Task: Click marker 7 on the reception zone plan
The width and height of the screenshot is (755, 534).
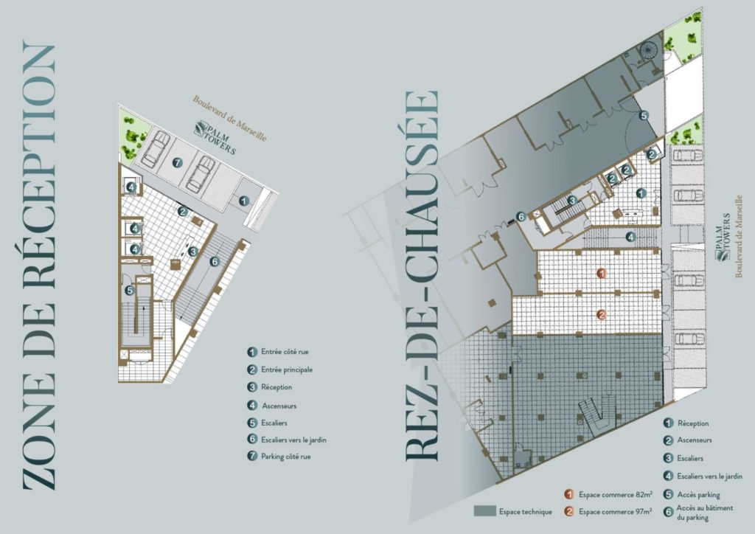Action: coord(178,163)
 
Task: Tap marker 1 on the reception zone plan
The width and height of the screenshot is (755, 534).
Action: coord(244,201)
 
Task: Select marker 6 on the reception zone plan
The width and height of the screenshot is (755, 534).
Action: coord(215,261)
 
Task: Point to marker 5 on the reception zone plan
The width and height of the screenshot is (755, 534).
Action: coord(130,291)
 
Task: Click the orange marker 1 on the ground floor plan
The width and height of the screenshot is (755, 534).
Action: coord(601,274)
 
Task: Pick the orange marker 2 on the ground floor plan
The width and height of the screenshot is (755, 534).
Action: coord(601,316)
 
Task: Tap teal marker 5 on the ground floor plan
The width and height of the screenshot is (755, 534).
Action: coord(643,115)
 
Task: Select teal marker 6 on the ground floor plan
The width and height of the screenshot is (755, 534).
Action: coord(521,217)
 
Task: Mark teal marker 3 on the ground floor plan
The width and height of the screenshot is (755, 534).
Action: coord(572,201)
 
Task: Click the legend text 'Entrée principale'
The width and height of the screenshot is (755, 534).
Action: coord(287,370)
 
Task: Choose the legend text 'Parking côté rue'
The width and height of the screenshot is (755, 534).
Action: coord(285,457)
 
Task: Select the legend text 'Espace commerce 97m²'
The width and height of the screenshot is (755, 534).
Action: coord(616,511)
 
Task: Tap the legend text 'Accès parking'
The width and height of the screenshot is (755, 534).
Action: coord(698,494)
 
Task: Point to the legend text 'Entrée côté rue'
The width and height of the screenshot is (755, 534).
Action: coord(285,352)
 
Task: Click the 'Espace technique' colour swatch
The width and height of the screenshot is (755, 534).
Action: coord(485,511)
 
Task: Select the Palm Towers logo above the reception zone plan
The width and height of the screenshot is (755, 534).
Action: coord(216,138)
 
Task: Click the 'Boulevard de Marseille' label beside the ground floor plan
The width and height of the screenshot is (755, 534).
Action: coord(739,237)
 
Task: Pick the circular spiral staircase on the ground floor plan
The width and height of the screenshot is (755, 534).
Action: coord(648,51)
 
